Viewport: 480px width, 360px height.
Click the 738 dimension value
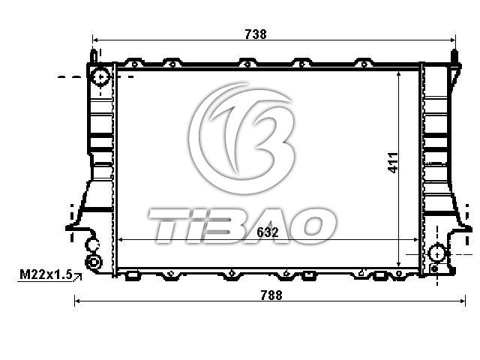256,34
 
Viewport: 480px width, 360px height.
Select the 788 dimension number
271,295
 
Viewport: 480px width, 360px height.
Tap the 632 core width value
268,232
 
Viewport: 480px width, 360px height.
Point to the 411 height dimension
393,163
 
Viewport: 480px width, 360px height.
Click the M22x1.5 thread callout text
46,274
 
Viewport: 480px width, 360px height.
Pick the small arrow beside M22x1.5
78,277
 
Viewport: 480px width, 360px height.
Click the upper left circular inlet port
100,76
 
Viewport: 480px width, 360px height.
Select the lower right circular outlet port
437,253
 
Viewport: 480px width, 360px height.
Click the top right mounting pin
454,56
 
